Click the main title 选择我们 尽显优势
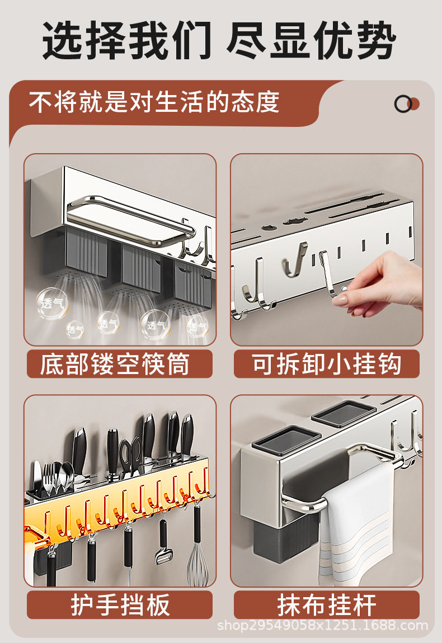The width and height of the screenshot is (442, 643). click(219, 41)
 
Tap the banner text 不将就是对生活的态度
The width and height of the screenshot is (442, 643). click(154, 102)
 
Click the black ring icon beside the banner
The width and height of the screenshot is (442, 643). click(403, 104)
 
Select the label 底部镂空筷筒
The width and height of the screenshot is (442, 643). click(115, 364)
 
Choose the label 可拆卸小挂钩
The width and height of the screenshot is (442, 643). click(327, 364)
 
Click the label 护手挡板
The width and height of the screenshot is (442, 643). click(120, 605)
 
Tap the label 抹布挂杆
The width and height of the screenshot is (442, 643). click(327, 605)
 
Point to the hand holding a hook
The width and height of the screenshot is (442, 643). click(380, 283)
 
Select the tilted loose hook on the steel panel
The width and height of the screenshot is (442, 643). click(295, 259)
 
